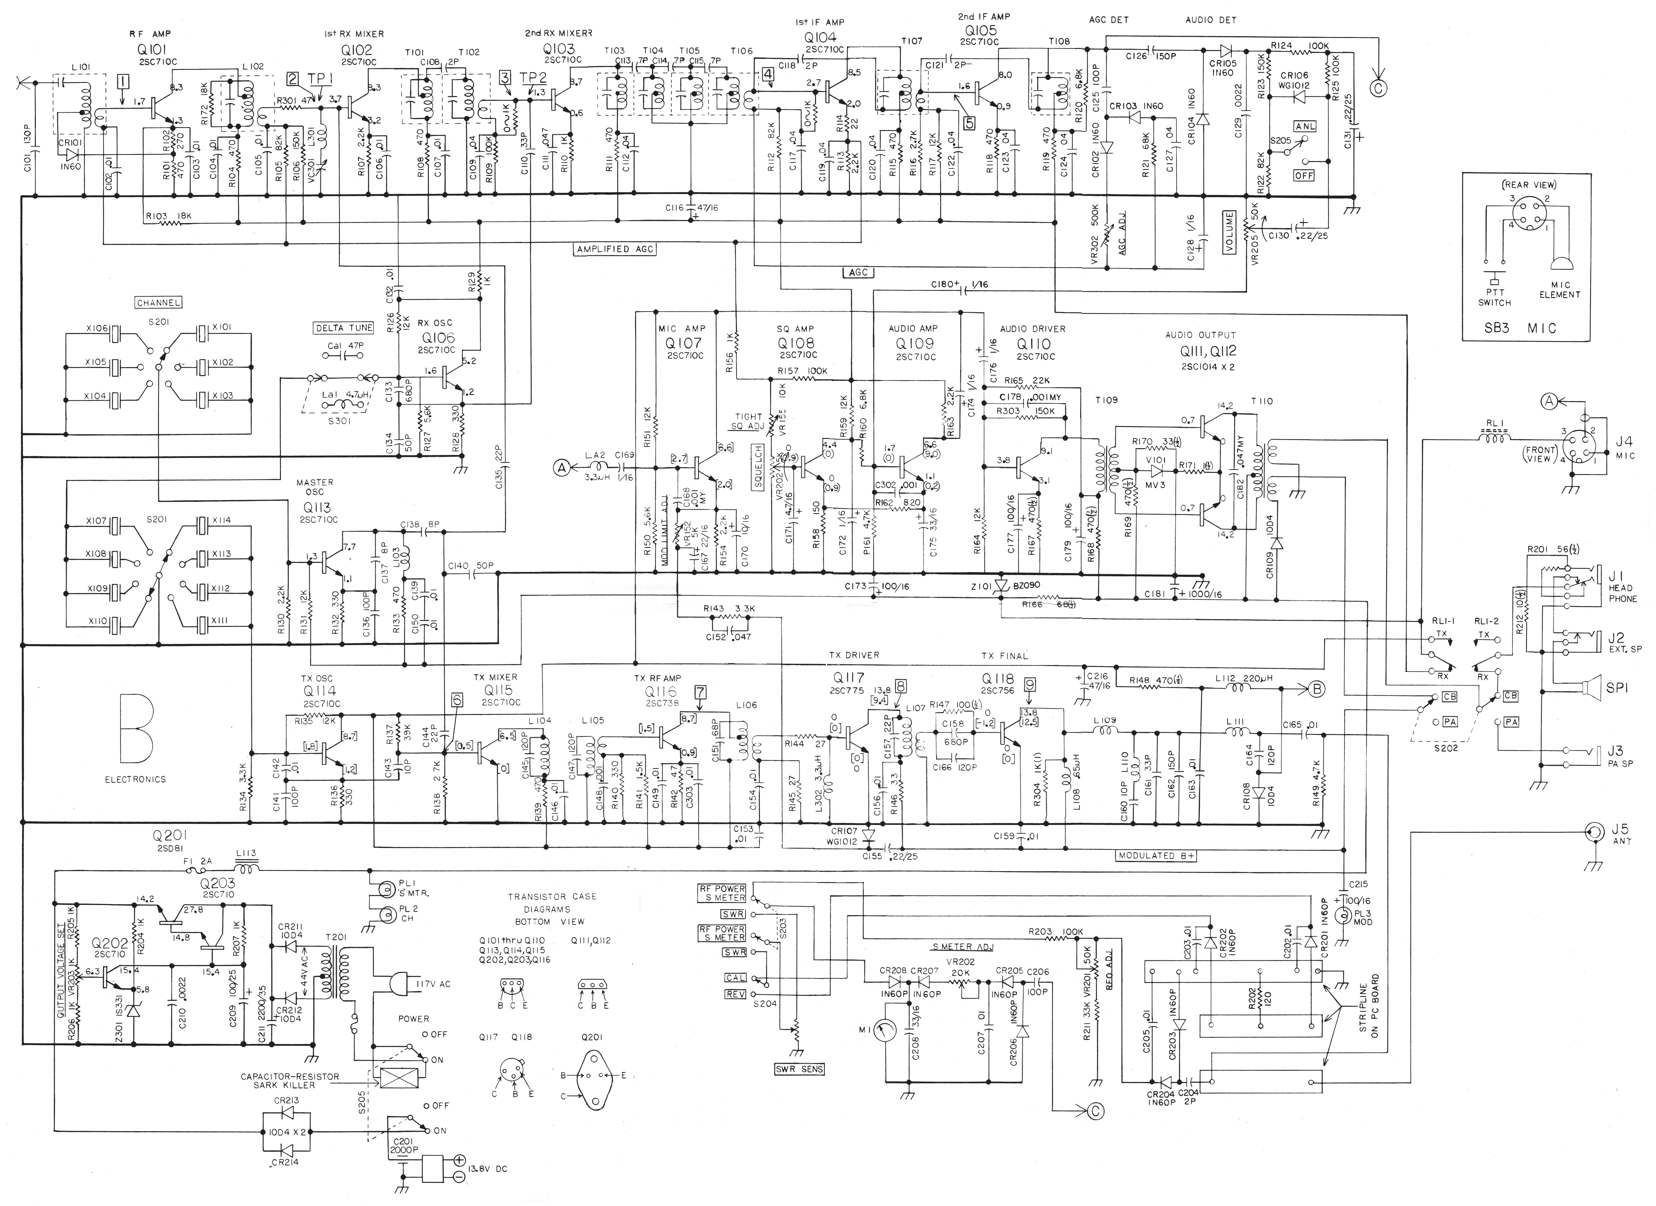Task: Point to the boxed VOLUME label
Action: point(1230,232)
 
